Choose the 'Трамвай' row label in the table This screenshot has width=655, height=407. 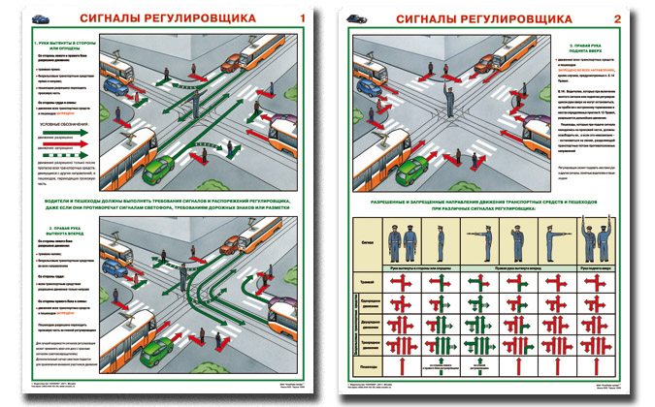tap(366, 282)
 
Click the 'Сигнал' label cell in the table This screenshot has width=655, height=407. tap(366, 243)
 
